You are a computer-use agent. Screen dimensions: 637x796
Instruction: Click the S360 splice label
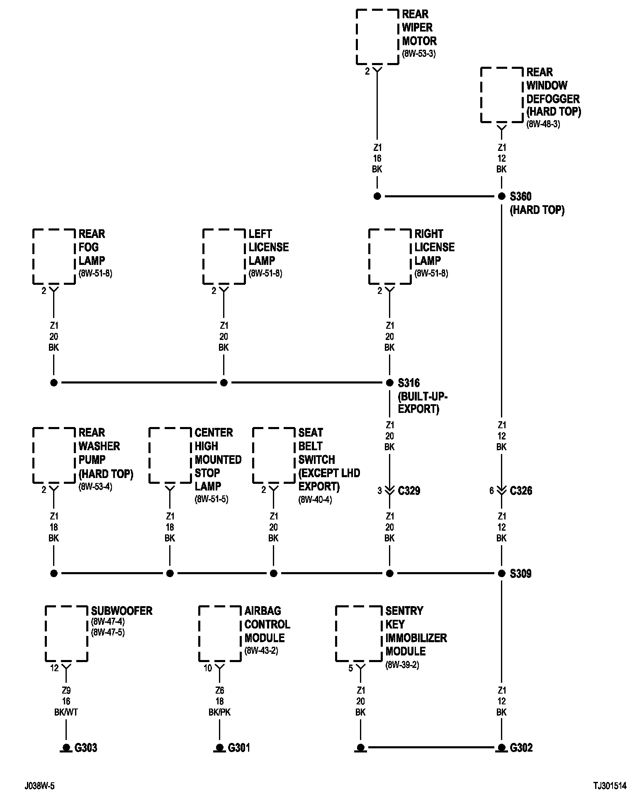tap(520, 196)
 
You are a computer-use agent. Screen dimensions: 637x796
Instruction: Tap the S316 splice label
tap(408, 383)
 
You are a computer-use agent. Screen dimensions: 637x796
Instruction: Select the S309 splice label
tap(520, 573)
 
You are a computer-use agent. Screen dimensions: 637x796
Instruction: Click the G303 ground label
tap(86, 747)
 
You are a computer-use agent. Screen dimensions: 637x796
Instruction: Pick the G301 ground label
tap(239, 747)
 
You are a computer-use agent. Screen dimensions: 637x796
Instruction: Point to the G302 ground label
tap(521, 747)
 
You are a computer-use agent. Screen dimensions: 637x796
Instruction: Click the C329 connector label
tap(409, 490)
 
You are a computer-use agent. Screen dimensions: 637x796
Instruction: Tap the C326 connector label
tap(521, 490)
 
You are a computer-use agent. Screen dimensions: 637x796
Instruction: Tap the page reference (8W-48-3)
tap(543, 124)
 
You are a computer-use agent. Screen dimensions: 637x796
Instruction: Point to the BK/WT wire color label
tap(66, 712)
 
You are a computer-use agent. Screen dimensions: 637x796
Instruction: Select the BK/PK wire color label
tap(219, 712)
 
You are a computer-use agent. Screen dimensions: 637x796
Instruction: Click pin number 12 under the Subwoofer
tap(54, 668)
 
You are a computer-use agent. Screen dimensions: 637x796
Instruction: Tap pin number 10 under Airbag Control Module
tap(208, 668)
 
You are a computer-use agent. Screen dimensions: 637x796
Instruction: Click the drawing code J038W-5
tap(39, 786)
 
